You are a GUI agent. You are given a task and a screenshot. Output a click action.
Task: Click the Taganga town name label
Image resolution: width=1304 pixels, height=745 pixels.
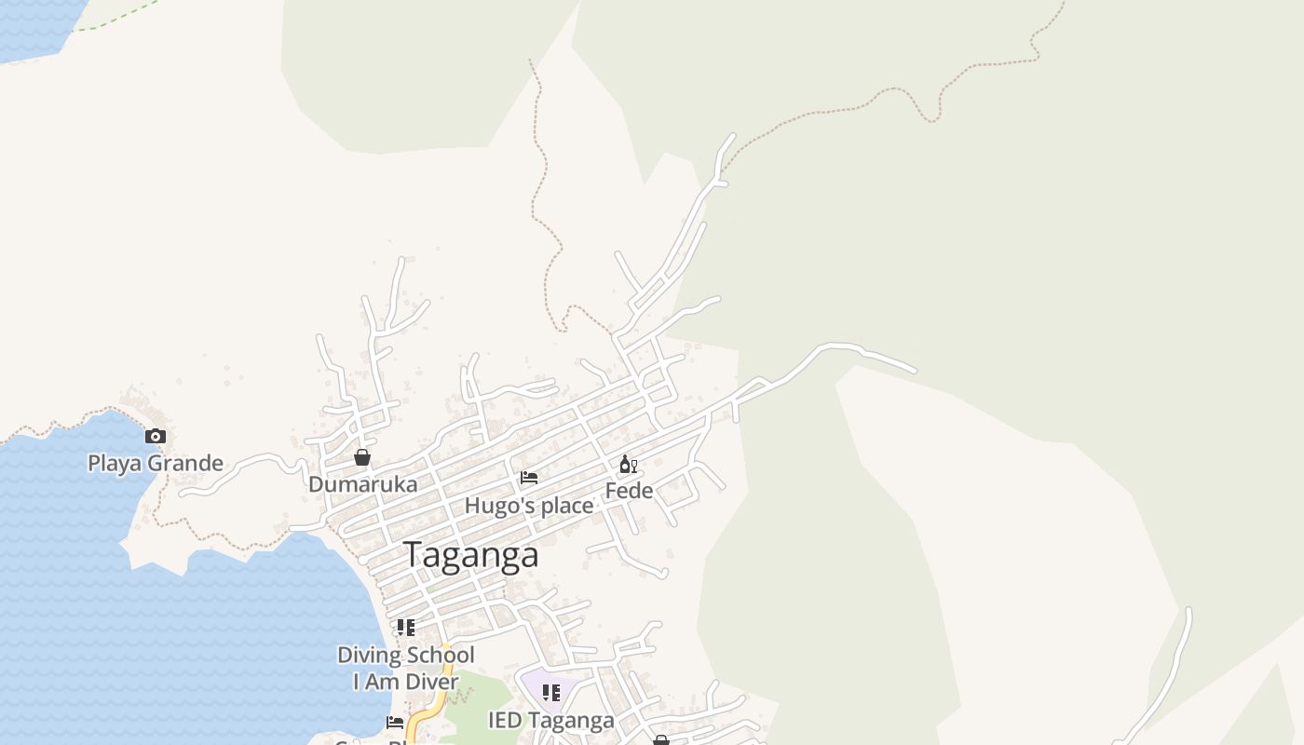(x=471, y=555)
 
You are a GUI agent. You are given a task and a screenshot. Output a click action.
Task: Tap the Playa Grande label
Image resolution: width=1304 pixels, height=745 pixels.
(x=156, y=463)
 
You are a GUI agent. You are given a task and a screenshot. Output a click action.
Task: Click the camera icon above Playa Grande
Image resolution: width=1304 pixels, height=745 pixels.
(x=156, y=436)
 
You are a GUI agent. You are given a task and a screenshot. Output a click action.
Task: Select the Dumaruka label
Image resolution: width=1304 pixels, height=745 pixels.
(x=362, y=484)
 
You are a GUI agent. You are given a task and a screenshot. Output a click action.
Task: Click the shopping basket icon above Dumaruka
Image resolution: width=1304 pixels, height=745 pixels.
(x=362, y=457)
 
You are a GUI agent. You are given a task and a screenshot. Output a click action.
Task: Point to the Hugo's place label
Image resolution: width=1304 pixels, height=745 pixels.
(x=529, y=506)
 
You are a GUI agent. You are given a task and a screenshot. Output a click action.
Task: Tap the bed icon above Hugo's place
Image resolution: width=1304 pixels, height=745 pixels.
(x=529, y=478)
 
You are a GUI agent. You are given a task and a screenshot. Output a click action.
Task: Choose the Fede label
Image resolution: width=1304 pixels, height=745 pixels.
(x=629, y=491)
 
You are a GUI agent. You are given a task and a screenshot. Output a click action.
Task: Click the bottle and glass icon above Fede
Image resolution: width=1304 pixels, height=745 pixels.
(x=629, y=464)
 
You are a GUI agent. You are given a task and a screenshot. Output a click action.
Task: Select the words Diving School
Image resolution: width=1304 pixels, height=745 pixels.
(x=406, y=655)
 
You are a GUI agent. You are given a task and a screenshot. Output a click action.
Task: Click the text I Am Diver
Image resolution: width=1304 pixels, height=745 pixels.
(x=406, y=682)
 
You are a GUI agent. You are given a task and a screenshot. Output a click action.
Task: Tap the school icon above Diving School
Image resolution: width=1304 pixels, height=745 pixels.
(x=406, y=628)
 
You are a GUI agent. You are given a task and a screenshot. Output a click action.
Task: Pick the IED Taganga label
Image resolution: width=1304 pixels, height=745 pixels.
(x=551, y=721)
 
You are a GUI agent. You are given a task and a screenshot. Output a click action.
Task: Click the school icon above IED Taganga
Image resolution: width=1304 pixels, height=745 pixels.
(x=551, y=693)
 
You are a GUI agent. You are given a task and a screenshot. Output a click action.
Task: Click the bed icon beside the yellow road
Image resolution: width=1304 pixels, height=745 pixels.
(x=395, y=723)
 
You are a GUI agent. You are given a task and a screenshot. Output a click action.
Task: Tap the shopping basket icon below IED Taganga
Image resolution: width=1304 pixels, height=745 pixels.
(x=661, y=740)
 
